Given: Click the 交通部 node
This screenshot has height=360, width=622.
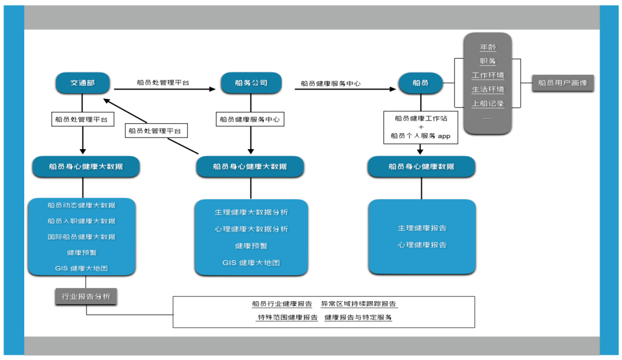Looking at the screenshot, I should point(82,83).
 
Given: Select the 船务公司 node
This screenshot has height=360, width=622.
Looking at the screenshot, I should point(251,83).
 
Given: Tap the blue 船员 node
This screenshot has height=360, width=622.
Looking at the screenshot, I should point(420,83).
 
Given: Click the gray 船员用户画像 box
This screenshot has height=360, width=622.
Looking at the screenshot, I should point(562,83).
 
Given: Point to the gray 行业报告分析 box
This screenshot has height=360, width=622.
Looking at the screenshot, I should point(86,297).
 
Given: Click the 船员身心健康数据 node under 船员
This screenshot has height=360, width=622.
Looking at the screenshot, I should point(421,166).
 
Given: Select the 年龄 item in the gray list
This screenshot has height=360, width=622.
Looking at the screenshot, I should point(488,47).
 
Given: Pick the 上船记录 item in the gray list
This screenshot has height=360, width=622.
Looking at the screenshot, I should point(488,104).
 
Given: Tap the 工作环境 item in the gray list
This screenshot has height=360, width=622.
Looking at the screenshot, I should point(488,75).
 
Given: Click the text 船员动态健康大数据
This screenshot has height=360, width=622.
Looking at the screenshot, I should point(81,205).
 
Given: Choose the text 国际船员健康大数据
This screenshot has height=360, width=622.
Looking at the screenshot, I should point(81,237).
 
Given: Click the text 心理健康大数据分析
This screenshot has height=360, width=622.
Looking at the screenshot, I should point(251,229).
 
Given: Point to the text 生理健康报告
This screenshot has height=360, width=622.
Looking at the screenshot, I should point(422,228).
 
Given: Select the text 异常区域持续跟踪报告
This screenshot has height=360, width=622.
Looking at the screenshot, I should point(358,304).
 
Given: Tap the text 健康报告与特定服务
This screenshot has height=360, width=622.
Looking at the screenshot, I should point(358,317).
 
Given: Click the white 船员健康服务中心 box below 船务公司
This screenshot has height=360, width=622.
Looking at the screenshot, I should point(251,120).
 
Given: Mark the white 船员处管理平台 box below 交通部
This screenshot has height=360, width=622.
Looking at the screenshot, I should point(82,120).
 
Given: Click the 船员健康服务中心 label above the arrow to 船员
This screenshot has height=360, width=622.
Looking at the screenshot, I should point(330,84).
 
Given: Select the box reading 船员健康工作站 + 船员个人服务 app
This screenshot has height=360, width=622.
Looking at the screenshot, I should point(420,127).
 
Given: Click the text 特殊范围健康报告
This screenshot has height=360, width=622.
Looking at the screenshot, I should point(287,317).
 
